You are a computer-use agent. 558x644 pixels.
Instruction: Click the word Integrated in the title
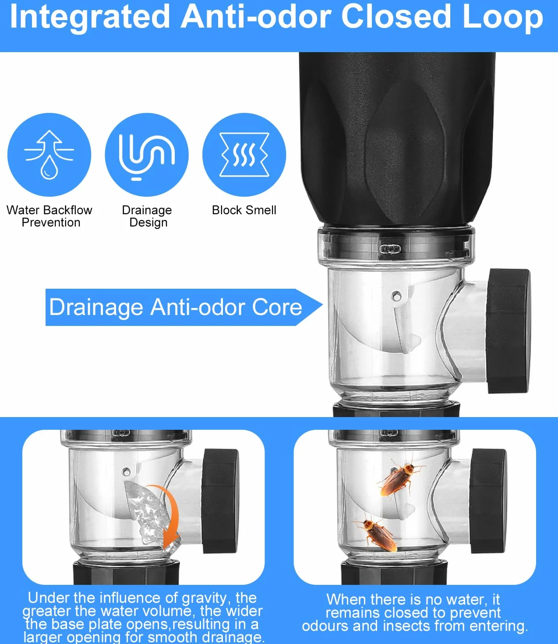pos(90,18)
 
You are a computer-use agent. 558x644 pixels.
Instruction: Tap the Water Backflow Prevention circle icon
pos(49,155)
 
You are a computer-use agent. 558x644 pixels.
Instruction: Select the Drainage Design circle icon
pos(147,155)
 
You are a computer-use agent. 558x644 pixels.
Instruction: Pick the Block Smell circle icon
pos(244,155)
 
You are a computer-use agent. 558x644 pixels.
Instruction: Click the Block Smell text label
pos(244,210)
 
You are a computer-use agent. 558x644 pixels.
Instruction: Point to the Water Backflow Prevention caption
pos(49,216)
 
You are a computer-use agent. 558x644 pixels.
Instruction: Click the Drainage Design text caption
pos(147,216)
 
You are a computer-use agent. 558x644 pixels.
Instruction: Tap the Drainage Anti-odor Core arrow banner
pos(184,307)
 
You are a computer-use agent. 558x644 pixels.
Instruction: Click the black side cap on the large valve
pos(509,331)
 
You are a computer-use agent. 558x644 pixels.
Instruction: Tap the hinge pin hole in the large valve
pos(397,296)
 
